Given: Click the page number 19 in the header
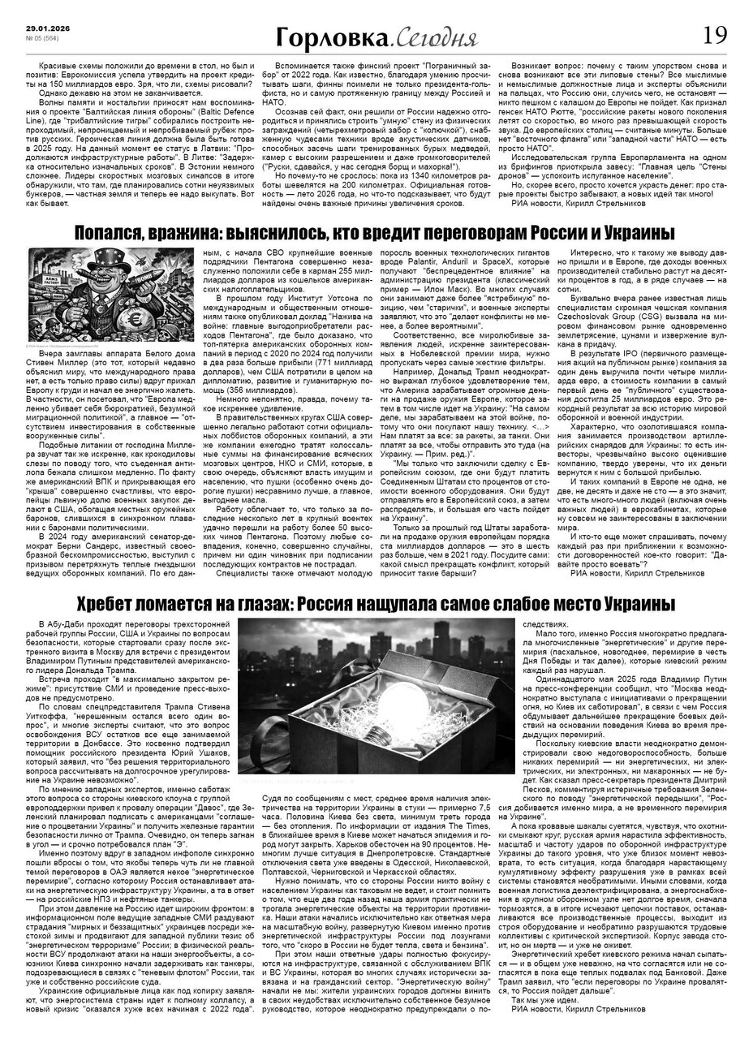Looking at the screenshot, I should pyautogui.click(x=716, y=35).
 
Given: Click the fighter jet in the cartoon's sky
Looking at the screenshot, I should pyautogui.click(x=170, y=257).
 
